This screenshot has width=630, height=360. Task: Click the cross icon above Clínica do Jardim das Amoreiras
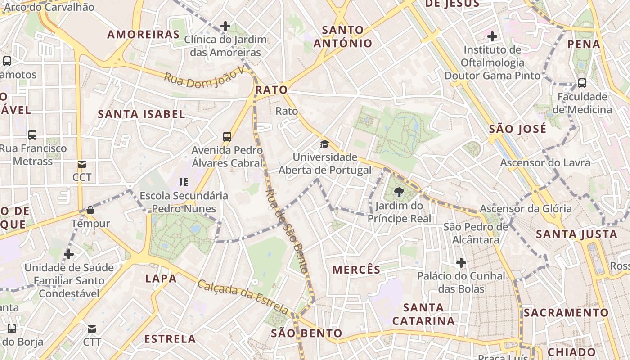tap(225, 26)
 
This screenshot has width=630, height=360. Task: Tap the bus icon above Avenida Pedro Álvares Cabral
tap(227, 136)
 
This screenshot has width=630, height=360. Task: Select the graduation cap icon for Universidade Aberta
tap(324, 144)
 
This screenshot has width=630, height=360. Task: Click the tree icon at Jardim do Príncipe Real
tap(399, 193)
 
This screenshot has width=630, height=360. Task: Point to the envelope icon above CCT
tap(82, 164)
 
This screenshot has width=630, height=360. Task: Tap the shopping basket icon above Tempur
tap(90, 210)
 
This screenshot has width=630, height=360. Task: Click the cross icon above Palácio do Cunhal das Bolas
tap(461, 262)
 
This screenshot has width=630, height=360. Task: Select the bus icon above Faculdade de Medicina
tap(582, 83)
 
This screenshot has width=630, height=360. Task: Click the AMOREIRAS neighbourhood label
tap(144, 35)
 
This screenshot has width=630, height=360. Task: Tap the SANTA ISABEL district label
tap(141, 114)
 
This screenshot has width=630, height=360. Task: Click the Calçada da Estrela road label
tap(243, 297)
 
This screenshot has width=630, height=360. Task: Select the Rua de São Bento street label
tap(287, 231)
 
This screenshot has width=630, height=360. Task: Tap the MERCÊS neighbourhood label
tap(356, 270)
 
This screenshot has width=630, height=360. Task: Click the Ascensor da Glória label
tap(526, 209)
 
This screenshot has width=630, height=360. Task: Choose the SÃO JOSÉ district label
tap(517, 129)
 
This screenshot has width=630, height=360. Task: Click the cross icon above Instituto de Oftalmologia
tap(492, 36)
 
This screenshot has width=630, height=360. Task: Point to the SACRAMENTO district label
tap(566, 312)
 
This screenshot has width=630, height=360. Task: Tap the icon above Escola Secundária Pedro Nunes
tap(183, 182)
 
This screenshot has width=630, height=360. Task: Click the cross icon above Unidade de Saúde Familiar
tap(69, 254)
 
